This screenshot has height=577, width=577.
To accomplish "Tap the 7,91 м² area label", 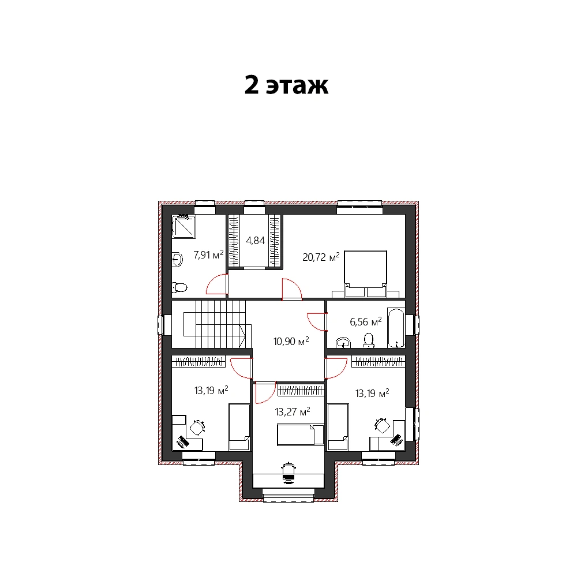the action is pos(208,254).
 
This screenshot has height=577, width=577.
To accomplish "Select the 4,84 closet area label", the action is pos(256,241).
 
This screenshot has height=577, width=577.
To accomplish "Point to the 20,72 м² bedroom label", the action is pos(321,257).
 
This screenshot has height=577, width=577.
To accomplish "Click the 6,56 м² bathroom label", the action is pos(366,321).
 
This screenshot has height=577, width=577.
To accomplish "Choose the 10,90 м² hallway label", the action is pos(291,341).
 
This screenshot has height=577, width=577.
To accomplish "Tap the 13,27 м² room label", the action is pos(293,411).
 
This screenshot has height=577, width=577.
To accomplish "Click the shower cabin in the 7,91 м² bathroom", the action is pos(183,227).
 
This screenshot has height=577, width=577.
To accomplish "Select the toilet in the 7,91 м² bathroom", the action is pos(179,287).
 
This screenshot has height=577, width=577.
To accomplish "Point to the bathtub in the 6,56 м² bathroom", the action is pos(396,328).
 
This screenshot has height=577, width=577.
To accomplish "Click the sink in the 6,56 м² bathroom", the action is pos(343,343).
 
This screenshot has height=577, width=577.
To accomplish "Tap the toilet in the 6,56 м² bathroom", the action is pos(368,340).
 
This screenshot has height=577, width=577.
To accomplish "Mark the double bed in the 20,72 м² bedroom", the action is pos(365,273).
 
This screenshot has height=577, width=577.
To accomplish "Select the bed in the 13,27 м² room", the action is pos(300,434).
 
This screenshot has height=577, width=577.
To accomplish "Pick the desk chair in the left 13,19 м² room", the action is pos(197,427).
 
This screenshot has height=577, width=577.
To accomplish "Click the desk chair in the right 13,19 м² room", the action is pos(383,426).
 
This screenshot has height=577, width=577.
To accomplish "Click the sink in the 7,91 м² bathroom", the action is pos(177,260).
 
